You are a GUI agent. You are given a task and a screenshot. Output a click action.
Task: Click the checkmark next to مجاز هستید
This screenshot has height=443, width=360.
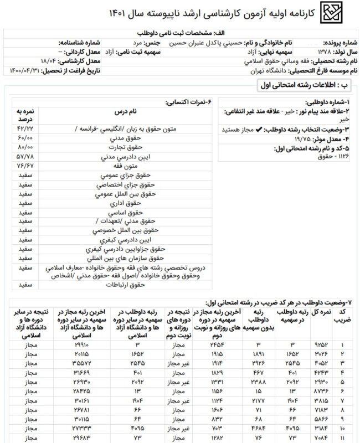244,128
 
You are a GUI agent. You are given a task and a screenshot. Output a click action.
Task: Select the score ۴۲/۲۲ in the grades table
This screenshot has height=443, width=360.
25,128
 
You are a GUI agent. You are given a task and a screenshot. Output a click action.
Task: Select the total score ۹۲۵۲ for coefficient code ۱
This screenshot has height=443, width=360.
323,346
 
